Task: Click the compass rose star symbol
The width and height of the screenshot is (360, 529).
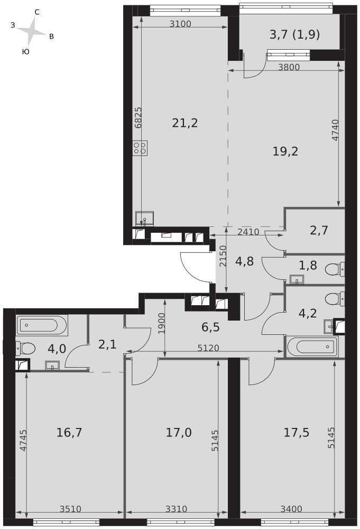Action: (31, 31)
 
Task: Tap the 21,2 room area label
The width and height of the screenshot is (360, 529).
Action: (185, 123)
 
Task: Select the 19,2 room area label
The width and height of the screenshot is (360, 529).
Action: (285, 151)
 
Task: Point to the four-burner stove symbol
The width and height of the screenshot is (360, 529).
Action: (140, 148)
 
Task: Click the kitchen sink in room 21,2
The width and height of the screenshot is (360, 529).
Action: (145, 219)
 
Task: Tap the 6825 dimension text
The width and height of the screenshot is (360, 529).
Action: (138, 118)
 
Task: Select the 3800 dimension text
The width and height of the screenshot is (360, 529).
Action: (289, 67)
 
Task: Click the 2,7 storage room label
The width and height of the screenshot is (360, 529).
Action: (319, 231)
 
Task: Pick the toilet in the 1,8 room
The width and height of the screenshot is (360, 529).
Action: (335, 269)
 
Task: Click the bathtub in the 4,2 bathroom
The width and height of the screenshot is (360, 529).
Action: (312, 346)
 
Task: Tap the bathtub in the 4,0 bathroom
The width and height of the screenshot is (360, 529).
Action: (42, 325)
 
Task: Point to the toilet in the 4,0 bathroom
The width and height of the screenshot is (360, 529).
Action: (25, 348)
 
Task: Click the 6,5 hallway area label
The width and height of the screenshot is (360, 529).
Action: (211, 327)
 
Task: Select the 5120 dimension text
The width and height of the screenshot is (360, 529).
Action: (208, 348)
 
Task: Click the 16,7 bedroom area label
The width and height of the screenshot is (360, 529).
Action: (69, 432)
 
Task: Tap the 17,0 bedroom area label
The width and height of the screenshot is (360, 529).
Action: (179, 432)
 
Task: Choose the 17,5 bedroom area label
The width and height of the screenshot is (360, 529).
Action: (296, 432)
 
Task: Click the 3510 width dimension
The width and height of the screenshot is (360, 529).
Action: (70, 509)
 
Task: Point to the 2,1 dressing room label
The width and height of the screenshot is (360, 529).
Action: (107, 344)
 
